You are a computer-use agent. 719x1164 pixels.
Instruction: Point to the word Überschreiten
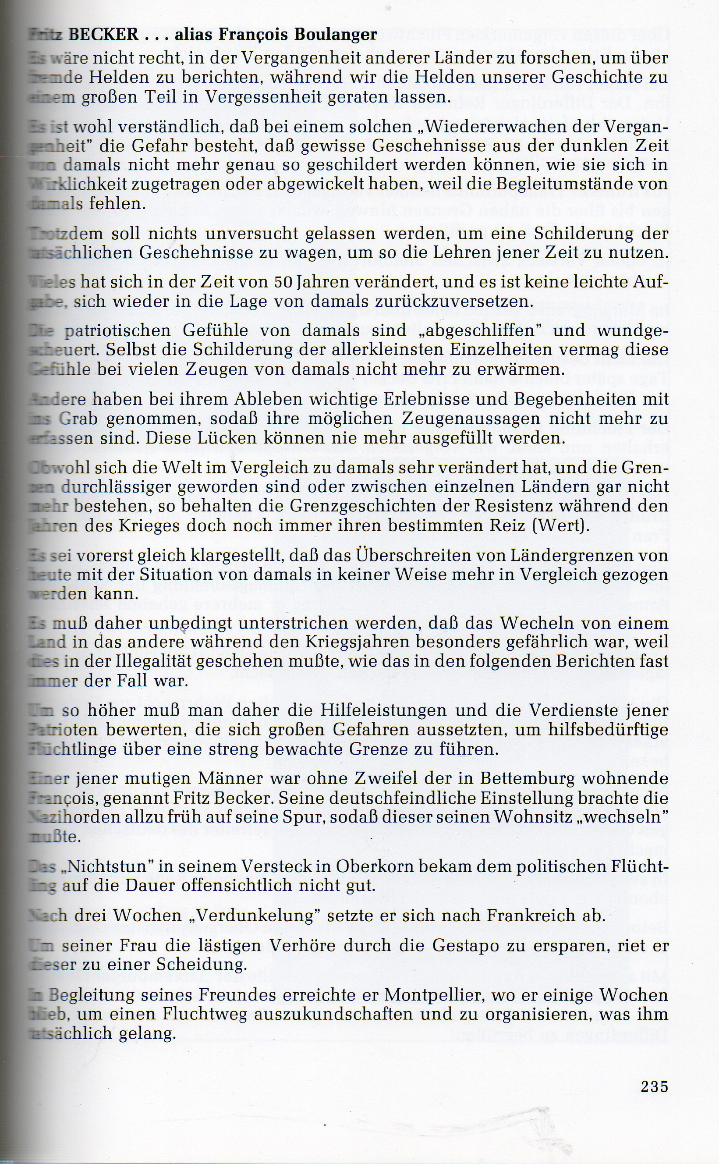click(x=394, y=555)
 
